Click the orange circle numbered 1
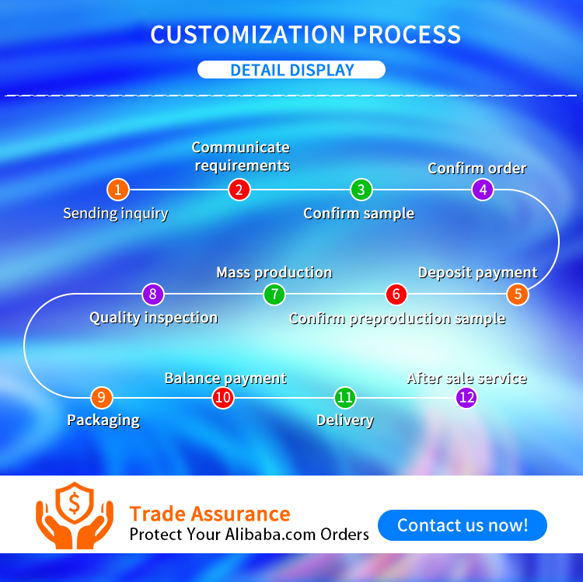pyautogui.click(x=117, y=190)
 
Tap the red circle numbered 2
pyautogui.click(x=239, y=190)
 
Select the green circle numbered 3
pyautogui.click(x=361, y=190)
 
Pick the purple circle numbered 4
pyautogui.click(x=483, y=190)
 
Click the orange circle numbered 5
pyautogui.click(x=518, y=294)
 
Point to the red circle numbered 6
pyautogui.click(x=396, y=294)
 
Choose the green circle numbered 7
pyautogui.click(x=274, y=294)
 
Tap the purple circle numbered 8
pyautogui.click(x=153, y=294)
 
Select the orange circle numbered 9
pyautogui.click(x=101, y=398)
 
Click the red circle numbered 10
pyautogui.click(x=223, y=398)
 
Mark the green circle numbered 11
pyautogui.click(x=345, y=398)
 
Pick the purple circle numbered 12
pyautogui.click(x=466, y=398)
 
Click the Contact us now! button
pyautogui.click(x=463, y=525)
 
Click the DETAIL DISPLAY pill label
pyautogui.click(x=291, y=70)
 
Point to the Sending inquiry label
pyautogui.click(x=115, y=213)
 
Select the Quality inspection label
pyautogui.click(x=153, y=317)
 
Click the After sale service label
pyautogui.click(x=466, y=378)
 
